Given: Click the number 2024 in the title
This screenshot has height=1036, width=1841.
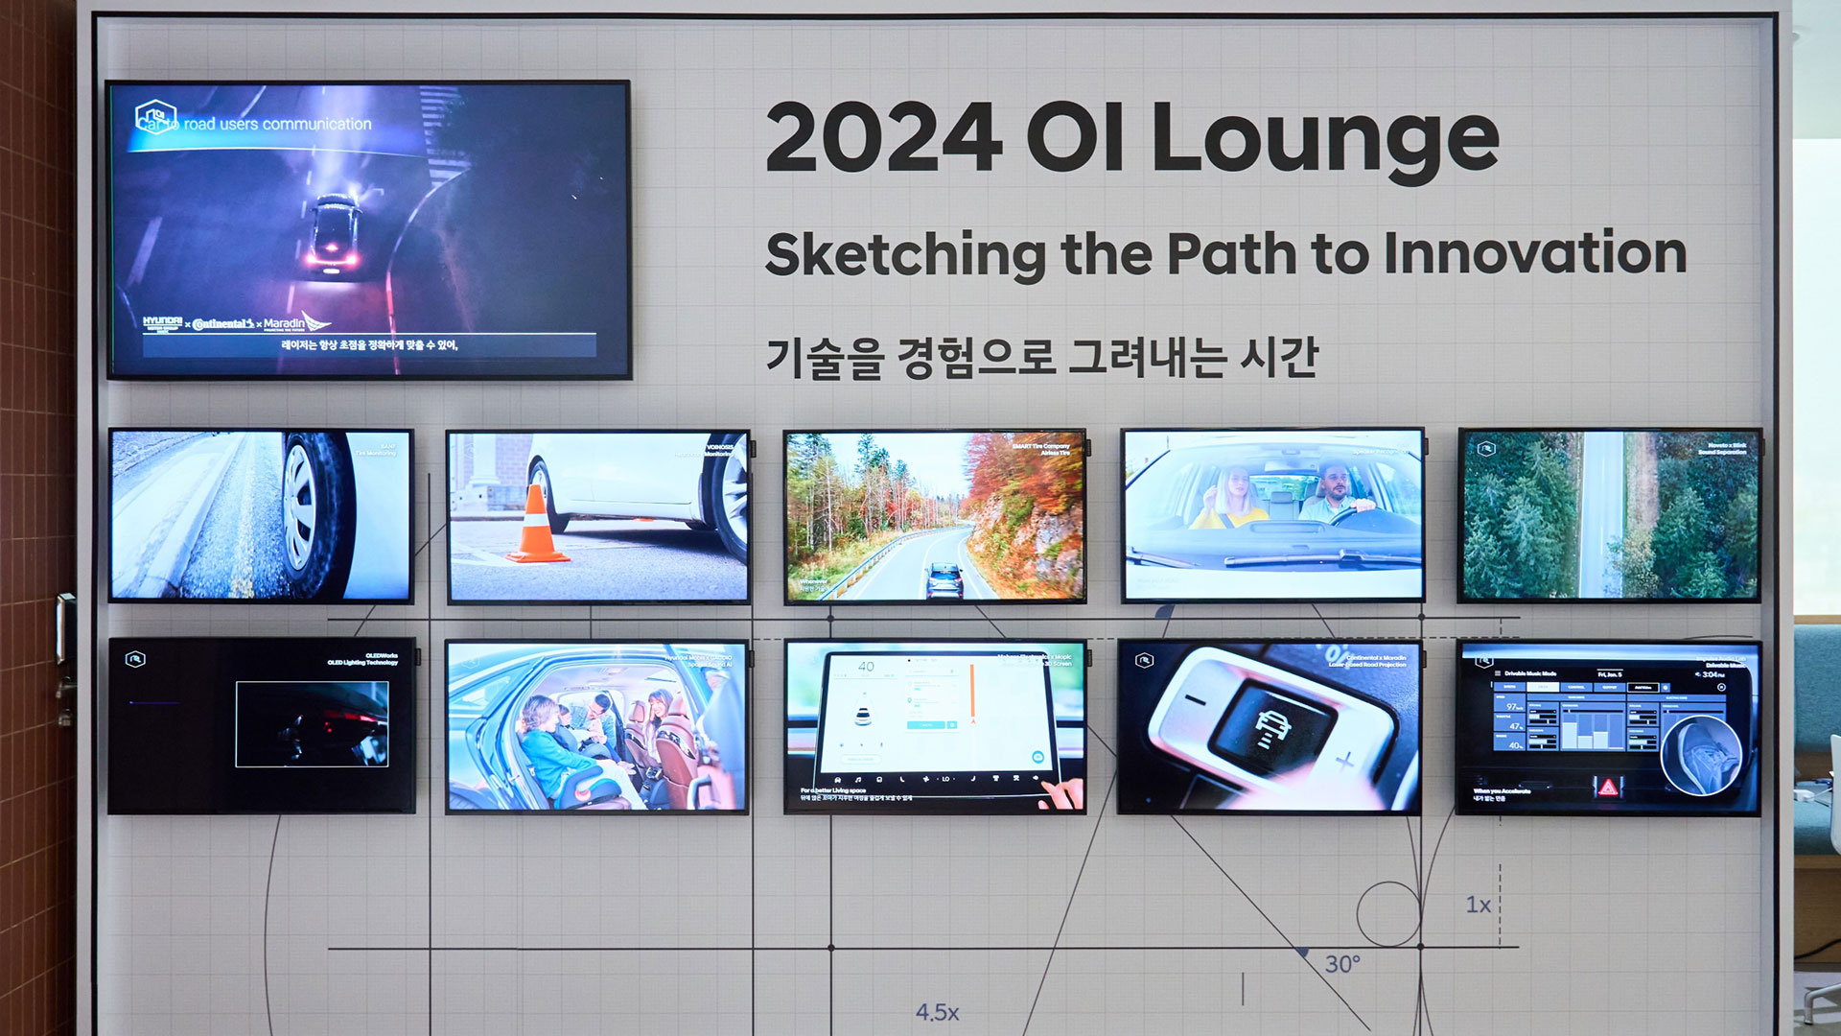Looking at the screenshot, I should (x=883, y=139).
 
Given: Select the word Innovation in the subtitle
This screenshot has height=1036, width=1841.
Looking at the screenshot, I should (x=1535, y=253).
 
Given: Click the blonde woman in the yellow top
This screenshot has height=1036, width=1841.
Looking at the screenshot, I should (x=1231, y=498).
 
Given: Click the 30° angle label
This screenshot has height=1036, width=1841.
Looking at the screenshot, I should (x=1342, y=964).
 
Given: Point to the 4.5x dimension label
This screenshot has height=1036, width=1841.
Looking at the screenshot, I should (x=937, y=1012).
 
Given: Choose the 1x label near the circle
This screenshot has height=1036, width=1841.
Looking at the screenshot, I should (x=1478, y=905).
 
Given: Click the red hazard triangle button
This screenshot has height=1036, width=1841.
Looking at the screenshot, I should (x=1607, y=788).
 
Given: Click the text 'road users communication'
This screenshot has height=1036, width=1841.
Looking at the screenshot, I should (x=277, y=125).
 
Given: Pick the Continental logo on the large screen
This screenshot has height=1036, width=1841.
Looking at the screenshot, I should (x=223, y=324).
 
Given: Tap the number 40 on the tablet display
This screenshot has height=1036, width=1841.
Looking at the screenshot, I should (x=866, y=667).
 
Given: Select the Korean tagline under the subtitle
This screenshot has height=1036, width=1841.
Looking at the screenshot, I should (x=1041, y=358).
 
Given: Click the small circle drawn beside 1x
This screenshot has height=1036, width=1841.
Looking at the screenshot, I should (x=1387, y=914).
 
